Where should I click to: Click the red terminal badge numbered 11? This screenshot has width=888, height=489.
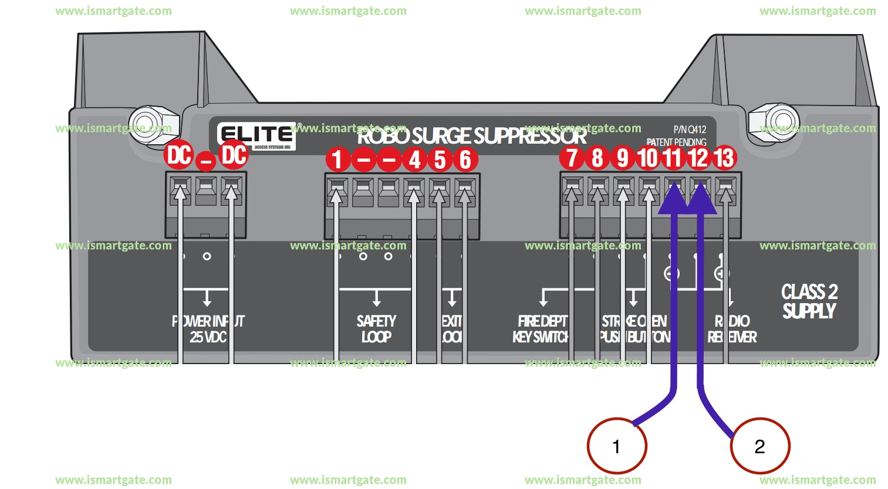click(673, 158)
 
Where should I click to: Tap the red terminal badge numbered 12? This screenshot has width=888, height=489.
click(698, 158)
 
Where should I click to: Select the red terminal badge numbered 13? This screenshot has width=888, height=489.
click(724, 158)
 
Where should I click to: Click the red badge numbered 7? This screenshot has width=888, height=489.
click(572, 158)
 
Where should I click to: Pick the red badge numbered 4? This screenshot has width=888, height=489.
click(415, 159)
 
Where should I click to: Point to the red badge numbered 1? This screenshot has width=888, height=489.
click(337, 159)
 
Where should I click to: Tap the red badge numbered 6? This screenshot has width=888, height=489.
click(465, 159)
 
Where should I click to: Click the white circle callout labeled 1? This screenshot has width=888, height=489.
click(616, 446)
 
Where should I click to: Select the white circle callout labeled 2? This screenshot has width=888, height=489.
click(759, 446)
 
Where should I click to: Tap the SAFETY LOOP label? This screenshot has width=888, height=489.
click(376, 329)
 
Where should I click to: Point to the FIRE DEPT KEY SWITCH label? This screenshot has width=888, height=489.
click(541, 329)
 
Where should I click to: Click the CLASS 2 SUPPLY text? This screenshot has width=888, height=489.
click(809, 301)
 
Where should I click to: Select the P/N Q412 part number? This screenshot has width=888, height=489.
click(690, 130)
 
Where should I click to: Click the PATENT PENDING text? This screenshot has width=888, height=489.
click(676, 142)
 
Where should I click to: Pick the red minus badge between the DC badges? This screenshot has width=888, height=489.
click(205, 159)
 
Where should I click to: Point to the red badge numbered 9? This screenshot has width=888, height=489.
click(623, 158)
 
